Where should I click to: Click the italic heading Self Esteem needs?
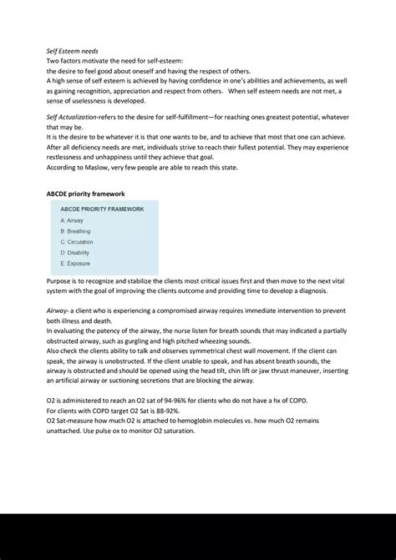[72, 51]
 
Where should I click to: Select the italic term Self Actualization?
[74, 118]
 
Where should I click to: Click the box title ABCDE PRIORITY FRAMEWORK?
[102, 209]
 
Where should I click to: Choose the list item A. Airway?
[72, 220]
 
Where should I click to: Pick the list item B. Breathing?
[76, 231]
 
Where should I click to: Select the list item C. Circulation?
[77, 242]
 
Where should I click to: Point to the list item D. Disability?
[75, 253]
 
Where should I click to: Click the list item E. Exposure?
[74, 264]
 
